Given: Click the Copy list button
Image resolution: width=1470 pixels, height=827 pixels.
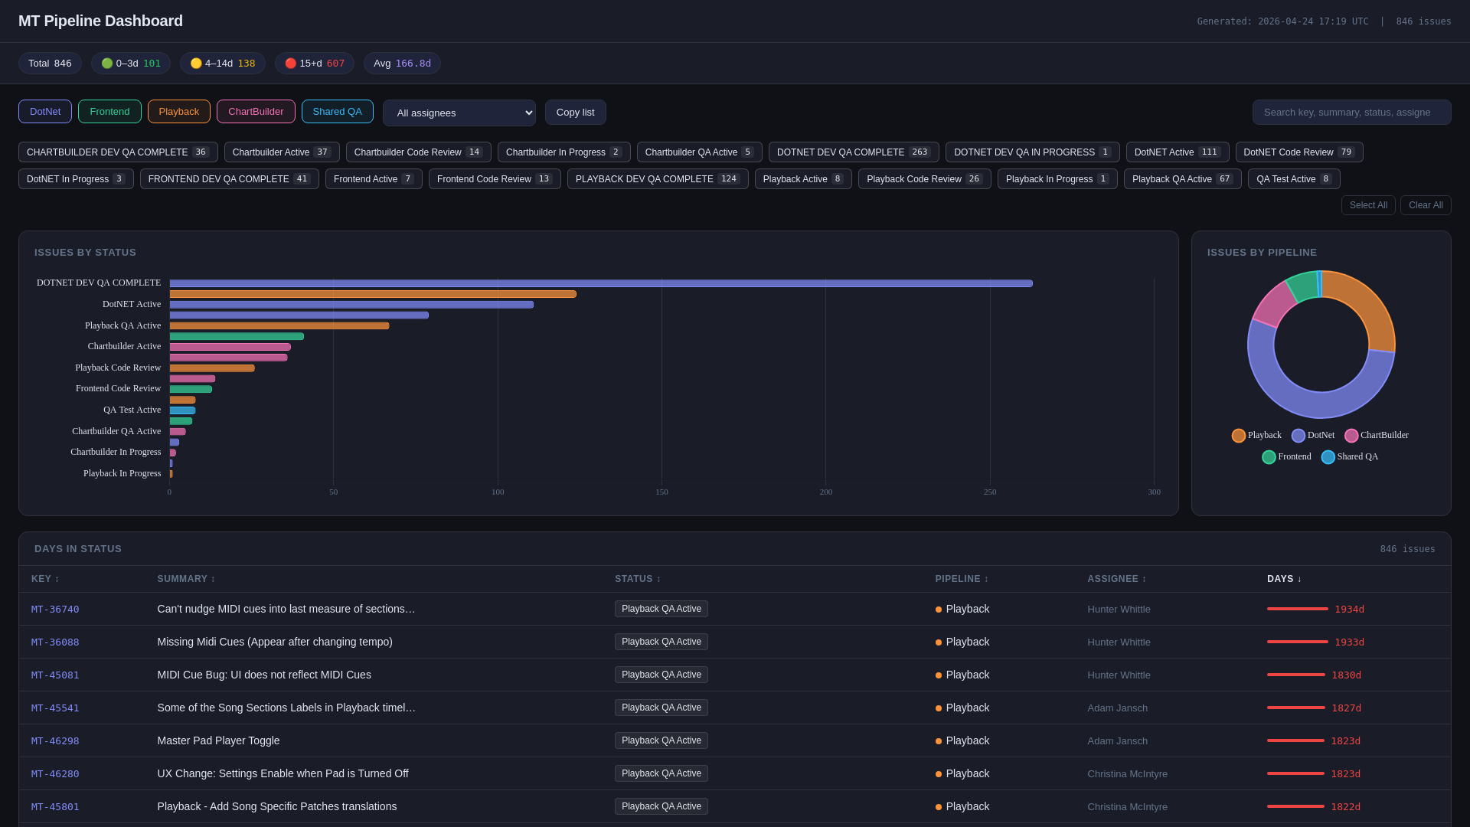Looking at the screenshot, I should click(x=575, y=113).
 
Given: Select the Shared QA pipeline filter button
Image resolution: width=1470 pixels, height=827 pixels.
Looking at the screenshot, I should click(x=337, y=112).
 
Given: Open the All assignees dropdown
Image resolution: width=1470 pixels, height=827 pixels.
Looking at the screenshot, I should click(x=459, y=113).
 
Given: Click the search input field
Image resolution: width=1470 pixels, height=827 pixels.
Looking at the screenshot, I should click(x=1351, y=113).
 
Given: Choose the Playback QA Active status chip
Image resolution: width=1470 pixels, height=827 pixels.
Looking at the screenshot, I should click(x=1182, y=179).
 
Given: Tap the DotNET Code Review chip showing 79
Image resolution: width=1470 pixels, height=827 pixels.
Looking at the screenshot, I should click(x=1298, y=152).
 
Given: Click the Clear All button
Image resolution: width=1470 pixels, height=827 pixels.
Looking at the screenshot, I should click(x=1425, y=205).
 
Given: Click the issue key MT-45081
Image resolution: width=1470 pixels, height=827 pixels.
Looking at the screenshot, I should click(x=55, y=675).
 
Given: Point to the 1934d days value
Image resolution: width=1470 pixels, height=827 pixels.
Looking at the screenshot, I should click(x=1349, y=610).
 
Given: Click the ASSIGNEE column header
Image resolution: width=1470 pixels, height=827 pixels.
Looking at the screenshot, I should click(x=1116, y=579).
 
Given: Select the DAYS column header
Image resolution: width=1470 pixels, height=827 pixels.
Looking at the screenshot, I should click(x=1284, y=579).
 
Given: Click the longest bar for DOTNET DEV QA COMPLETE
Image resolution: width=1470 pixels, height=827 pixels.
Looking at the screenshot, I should click(x=600, y=283).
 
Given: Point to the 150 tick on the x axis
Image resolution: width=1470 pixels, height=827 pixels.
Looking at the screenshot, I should click(x=661, y=492).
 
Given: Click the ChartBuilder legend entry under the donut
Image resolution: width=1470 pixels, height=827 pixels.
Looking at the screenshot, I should click(x=1376, y=436).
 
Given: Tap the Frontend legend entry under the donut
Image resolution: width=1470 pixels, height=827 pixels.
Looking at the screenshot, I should click(x=1286, y=457).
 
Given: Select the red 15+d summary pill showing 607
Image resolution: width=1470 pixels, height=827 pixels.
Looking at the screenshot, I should click(x=314, y=64).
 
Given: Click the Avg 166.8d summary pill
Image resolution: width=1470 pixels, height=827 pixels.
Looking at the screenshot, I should click(x=402, y=64).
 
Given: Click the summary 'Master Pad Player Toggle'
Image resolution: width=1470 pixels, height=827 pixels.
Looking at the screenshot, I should click(x=218, y=741).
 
